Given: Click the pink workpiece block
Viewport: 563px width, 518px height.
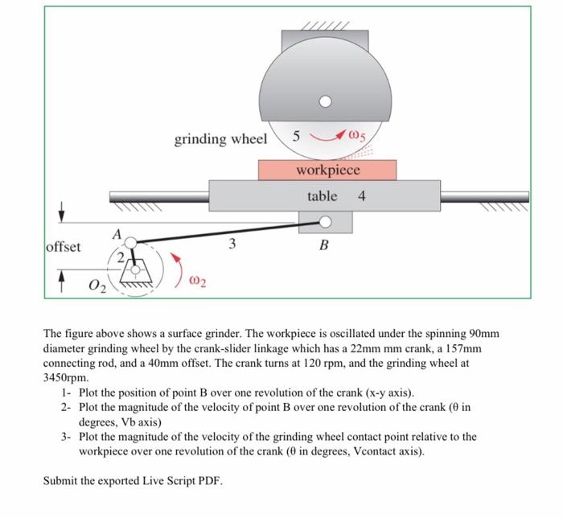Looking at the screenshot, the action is [x=327, y=171].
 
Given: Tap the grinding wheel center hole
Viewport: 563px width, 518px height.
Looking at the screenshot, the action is [x=325, y=102].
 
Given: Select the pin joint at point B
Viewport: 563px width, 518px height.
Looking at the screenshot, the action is [x=325, y=222].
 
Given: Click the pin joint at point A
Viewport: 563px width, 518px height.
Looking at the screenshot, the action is [x=131, y=243].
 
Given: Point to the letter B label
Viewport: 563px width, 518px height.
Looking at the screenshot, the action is [x=324, y=245].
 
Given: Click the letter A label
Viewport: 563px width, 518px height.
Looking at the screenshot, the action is [x=117, y=235].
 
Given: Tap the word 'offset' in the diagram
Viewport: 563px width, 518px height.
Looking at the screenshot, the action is [x=64, y=247].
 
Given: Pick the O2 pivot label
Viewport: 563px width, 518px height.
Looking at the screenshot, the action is [x=97, y=286].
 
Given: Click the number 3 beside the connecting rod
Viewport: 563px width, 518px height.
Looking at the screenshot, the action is [x=232, y=244].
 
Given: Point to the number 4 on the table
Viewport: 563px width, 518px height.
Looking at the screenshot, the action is [x=362, y=196].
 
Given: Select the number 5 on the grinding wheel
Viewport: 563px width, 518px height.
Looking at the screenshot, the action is [x=296, y=136].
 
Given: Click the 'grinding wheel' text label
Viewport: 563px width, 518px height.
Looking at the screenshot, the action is [x=221, y=139].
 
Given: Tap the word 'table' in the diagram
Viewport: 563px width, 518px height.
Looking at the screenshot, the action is [x=322, y=196].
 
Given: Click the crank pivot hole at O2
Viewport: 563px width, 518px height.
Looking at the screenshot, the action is [x=135, y=269].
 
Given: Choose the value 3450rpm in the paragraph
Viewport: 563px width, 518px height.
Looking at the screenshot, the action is [x=65, y=378].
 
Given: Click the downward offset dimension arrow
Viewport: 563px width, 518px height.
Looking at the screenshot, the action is [x=62, y=212].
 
